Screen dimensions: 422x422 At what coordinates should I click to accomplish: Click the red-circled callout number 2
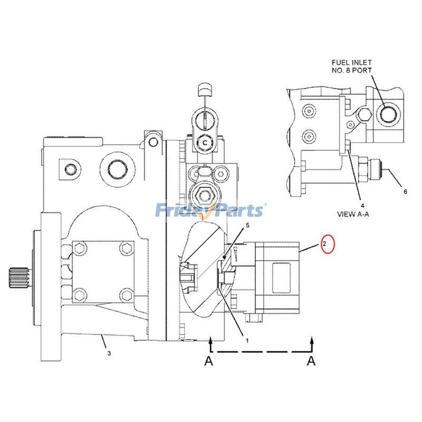325,244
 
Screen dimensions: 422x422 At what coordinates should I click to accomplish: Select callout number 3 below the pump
109,353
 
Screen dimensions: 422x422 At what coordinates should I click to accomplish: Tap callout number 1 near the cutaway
247,340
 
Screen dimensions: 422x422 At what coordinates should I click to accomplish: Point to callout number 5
247,226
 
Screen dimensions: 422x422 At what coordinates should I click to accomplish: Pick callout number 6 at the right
405,192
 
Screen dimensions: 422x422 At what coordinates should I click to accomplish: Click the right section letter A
312,361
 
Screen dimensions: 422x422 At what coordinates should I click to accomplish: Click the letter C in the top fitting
204,142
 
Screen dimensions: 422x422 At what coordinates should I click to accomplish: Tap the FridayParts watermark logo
210,210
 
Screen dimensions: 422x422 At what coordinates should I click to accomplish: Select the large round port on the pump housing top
116,169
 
